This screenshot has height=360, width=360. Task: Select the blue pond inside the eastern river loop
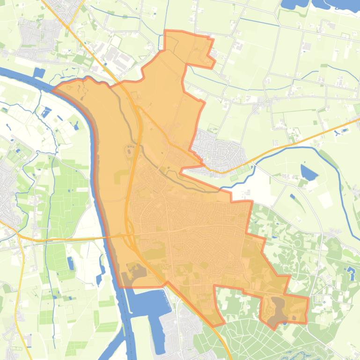click(309, 173)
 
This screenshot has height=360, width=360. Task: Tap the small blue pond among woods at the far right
click(351, 270)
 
